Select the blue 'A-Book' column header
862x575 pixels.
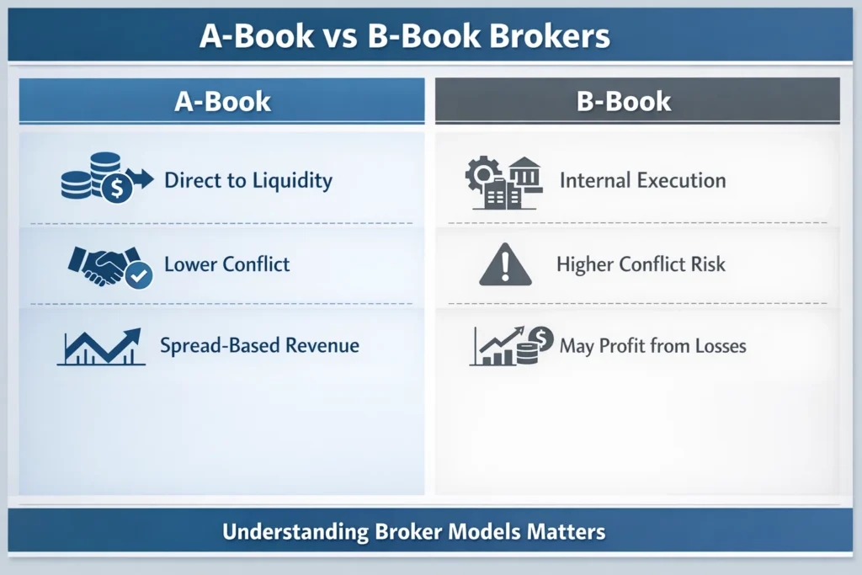click(x=222, y=102)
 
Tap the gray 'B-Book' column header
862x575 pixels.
click(x=624, y=102)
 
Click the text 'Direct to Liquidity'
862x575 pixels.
click(x=248, y=180)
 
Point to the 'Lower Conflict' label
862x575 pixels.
click(x=226, y=264)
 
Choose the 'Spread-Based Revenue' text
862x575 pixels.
click(x=259, y=345)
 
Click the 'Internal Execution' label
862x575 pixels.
click(x=642, y=180)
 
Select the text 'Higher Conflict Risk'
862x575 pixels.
click(x=641, y=264)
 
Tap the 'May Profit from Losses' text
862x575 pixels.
click(x=652, y=345)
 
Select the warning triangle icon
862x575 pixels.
click(x=505, y=266)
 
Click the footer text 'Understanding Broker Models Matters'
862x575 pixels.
click(x=414, y=532)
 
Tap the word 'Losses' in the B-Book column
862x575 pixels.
click(x=718, y=345)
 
